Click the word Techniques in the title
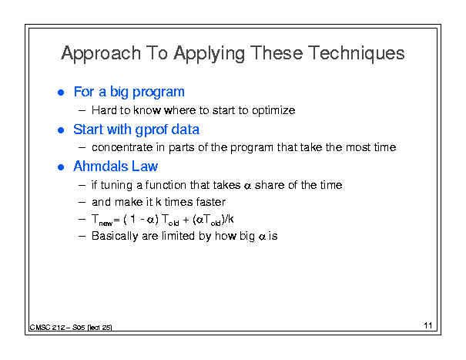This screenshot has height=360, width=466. [x=356, y=53]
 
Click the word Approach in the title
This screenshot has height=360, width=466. [x=101, y=54]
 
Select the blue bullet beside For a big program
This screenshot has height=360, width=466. [x=61, y=93]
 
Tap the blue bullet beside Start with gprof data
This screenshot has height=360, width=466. [x=61, y=130]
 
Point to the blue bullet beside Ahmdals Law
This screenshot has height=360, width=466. [x=61, y=167]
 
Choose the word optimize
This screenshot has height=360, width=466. [x=273, y=111]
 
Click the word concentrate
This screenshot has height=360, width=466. [x=122, y=147]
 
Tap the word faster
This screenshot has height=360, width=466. [x=211, y=202]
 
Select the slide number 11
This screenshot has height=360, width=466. [x=428, y=325]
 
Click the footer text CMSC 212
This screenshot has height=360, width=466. [x=47, y=328]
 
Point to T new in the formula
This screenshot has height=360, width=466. [x=102, y=220]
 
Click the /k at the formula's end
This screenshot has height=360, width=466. [x=230, y=219]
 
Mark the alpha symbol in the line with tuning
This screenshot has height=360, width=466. [x=247, y=187]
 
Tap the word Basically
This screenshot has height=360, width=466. [x=115, y=236]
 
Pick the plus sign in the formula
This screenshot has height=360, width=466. [x=186, y=220]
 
